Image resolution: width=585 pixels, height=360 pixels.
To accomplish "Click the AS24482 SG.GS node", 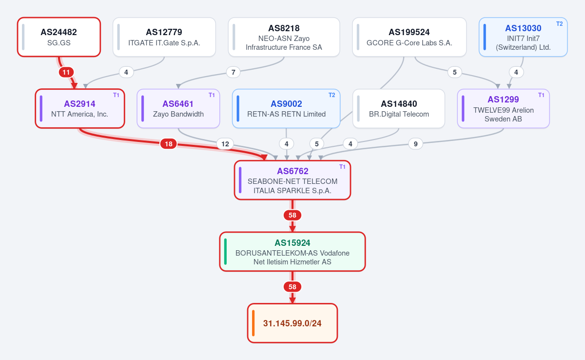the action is [59, 37].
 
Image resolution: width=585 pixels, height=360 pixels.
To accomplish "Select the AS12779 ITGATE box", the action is [164, 37].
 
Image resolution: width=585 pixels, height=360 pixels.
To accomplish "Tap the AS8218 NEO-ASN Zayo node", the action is [284, 37].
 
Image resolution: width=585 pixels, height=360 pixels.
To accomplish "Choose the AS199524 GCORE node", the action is [409, 37].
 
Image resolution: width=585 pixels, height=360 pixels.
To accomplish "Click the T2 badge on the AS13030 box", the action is [560, 24].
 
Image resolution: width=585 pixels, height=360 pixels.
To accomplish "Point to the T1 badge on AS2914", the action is [116, 95].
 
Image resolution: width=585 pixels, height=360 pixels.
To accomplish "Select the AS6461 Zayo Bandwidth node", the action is [178, 109].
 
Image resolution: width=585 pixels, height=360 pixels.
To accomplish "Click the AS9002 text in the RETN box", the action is [286, 104].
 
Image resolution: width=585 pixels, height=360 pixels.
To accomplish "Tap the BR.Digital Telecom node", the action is [399, 109].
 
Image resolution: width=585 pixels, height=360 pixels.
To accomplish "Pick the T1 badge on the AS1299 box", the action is [541, 95].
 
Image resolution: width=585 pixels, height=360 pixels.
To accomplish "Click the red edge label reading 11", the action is [66, 72].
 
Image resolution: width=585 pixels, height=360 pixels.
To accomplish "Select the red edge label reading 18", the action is [169, 144].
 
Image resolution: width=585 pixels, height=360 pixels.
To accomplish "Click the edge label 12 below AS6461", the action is [225, 144].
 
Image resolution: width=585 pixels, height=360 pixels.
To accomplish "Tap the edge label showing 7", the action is [233, 72].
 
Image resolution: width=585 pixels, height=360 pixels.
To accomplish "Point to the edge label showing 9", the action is [415, 144].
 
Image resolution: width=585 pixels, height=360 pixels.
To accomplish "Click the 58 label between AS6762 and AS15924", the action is [292, 215].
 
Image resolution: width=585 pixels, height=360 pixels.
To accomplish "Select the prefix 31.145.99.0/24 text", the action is [292, 323].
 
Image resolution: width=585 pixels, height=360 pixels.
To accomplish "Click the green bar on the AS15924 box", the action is [225, 252].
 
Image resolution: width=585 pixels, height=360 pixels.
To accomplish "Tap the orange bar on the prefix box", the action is [253, 323].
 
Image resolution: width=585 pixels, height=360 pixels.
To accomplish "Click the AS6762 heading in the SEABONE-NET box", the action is [292, 171].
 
